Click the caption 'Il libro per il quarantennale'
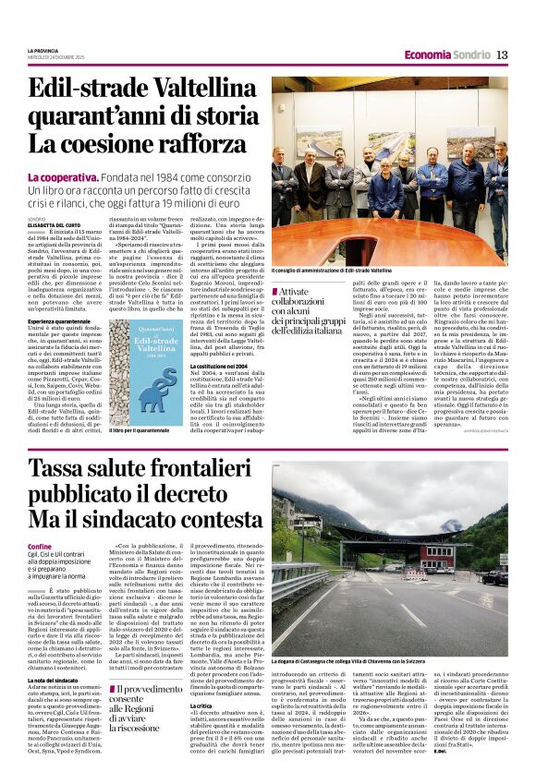coord(140,429)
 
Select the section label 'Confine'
coord(40,547)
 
